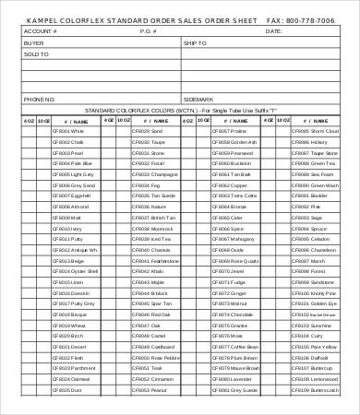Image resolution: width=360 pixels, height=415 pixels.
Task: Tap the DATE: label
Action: pos(273,31)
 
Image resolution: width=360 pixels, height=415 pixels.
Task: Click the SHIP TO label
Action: pos(196,42)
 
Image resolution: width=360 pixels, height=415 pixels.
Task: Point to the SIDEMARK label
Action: pos(198,98)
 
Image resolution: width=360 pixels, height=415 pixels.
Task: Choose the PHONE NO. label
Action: pos(40,98)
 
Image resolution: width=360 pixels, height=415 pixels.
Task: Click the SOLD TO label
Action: pos(36,53)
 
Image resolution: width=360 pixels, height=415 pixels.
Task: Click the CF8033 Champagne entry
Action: pos(154,174)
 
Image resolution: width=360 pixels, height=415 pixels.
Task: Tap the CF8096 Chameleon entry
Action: pos(315,250)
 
